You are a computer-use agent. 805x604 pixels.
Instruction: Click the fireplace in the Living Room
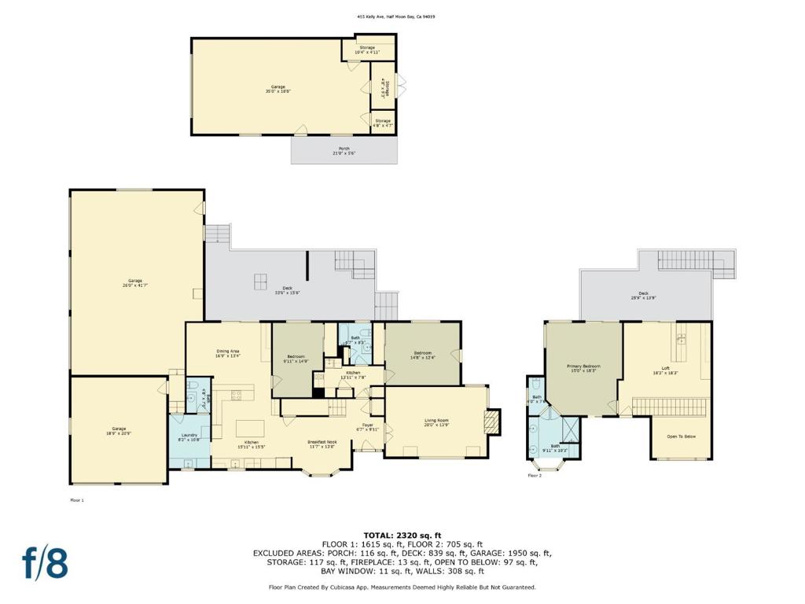pos(491,422)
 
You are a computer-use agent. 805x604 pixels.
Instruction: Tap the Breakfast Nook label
pos(322,444)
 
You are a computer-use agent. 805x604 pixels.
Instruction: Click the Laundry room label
pos(189,437)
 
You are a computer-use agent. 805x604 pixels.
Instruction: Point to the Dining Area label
pos(228,353)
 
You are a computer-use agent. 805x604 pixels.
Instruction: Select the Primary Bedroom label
pos(583,368)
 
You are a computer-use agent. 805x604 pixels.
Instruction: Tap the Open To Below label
pos(681,436)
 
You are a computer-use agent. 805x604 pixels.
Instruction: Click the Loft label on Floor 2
pos(665,370)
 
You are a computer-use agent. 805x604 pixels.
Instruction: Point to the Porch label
pos(344,150)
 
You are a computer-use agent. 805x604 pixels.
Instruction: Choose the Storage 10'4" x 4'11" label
pos(367,50)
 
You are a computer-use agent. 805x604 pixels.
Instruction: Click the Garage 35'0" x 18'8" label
pos(278,89)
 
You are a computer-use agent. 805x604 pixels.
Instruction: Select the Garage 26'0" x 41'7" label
pos(135,283)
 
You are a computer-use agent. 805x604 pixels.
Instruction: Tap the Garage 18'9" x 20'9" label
pos(118,431)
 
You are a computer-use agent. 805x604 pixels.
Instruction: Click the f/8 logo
pos(44,563)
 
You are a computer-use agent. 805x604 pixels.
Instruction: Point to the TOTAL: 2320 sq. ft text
pos(402,536)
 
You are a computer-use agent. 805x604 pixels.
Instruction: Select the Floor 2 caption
pos(535,476)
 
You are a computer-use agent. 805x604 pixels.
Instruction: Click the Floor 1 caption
pos(76,499)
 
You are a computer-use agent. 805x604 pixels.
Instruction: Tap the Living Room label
pos(436,422)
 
